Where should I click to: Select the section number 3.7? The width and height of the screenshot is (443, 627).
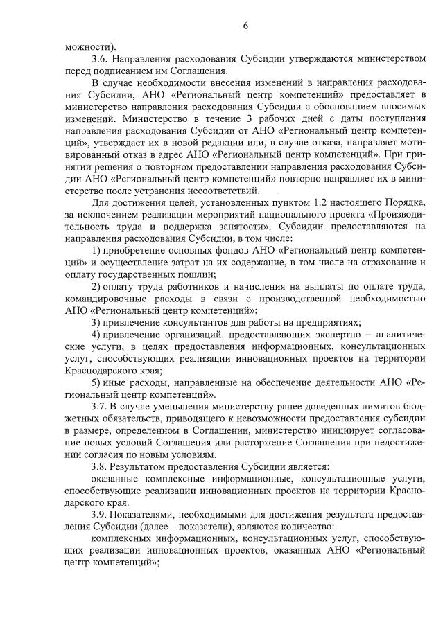101,406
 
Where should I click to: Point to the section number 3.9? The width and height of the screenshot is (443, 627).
101,515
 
